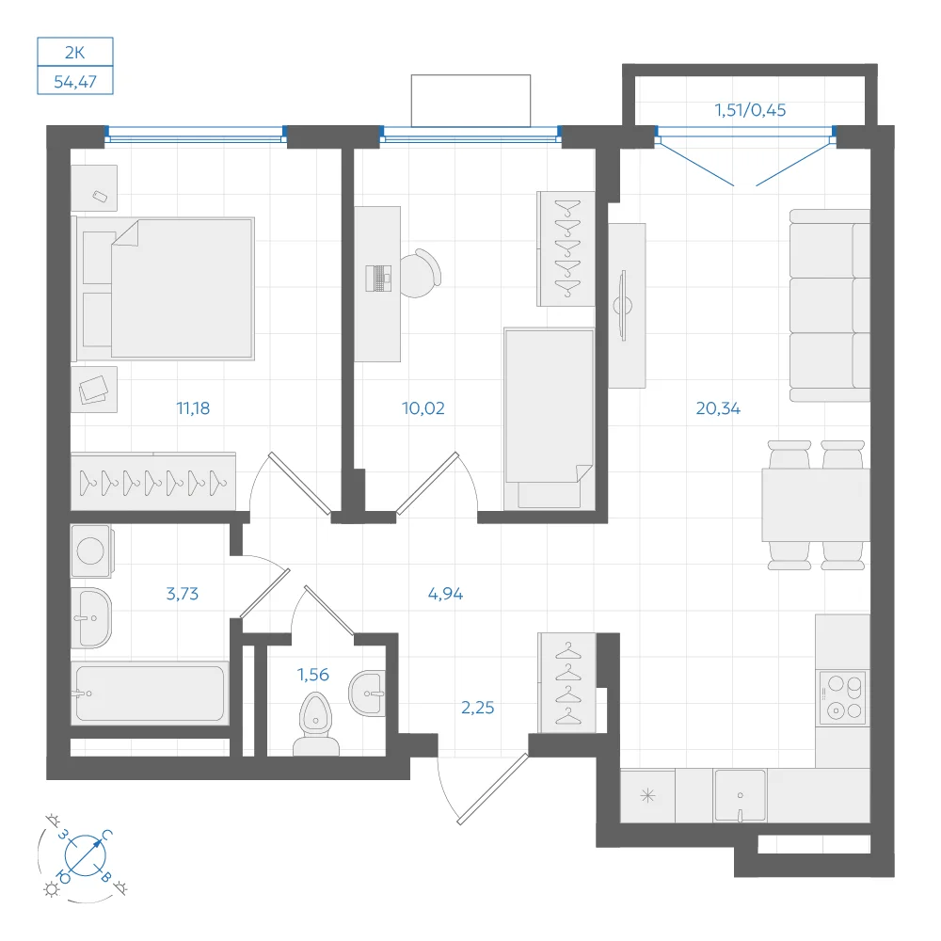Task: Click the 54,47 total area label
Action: point(75,82)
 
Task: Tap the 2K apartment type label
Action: point(75,53)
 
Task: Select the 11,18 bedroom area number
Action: point(193,408)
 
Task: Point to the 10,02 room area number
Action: point(423,408)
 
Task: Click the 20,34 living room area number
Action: point(718,408)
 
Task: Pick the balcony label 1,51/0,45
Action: point(750,110)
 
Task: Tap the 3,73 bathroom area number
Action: point(182,594)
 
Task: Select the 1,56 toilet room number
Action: point(313,675)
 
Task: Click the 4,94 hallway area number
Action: point(445,594)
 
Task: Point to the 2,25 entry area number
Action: point(478,708)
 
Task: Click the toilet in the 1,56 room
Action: point(315,724)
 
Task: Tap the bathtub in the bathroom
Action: point(150,693)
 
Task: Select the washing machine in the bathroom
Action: point(91,550)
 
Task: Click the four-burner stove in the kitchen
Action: point(843,697)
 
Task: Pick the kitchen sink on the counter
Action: point(740,796)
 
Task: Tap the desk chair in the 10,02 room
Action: point(420,273)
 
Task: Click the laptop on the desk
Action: point(378,279)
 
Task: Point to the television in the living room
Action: point(623,306)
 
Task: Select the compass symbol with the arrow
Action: point(86,854)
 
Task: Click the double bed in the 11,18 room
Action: point(163,289)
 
